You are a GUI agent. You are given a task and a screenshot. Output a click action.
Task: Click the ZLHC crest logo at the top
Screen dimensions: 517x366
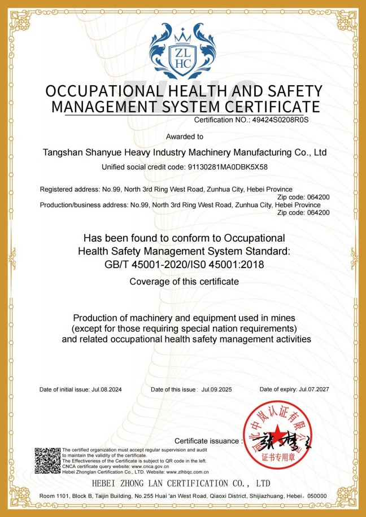pyautogui.click(x=183, y=51)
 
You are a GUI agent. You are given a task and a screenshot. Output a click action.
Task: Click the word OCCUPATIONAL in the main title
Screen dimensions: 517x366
pyautogui.click(x=102, y=91)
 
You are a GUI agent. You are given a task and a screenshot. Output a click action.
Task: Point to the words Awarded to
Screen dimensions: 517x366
pyautogui.click(x=185, y=137)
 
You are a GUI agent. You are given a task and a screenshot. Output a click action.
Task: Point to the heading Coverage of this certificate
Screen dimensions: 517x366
pyautogui.click(x=184, y=281)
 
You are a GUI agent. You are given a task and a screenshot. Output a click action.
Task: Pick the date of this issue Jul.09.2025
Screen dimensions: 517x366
pyautogui.click(x=217, y=389)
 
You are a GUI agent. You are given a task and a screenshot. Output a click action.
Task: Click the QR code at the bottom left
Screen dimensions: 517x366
pyautogui.click(x=47, y=460)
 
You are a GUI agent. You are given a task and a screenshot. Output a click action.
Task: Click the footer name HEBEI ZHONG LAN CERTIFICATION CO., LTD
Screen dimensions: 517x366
pyautogui.click(x=181, y=484)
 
